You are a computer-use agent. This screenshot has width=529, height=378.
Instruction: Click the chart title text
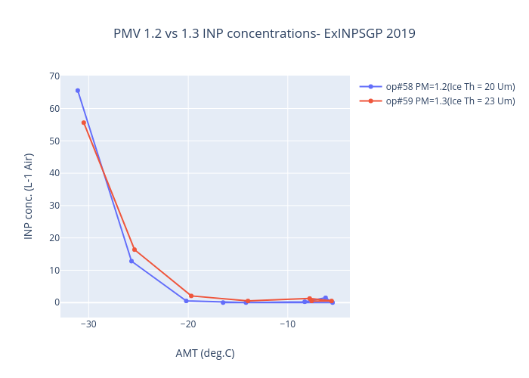pyautogui.click(x=264, y=34)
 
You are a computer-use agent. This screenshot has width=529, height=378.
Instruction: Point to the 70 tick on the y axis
pyautogui.click(x=54, y=76)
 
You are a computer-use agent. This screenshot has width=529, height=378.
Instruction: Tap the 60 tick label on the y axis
pyautogui.click(x=54, y=109)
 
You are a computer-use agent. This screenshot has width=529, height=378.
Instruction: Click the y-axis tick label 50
pyautogui.click(x=54, y=141)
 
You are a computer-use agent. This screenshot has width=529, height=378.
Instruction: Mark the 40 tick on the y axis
pyautogui.click(x=54, y=173)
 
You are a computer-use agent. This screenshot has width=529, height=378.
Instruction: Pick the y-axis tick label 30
pyautogui.click(x=54, y=206)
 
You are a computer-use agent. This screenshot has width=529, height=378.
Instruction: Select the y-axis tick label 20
pyautogui.click(x=54, y=238)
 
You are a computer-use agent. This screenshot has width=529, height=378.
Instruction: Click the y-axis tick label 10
pyautogui.click(x=54, y=271)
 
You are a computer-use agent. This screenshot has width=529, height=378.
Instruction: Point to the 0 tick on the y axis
pyautogui.click(x=56, y=302)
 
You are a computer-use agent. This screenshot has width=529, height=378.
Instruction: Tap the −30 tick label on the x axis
pyautogui.click(x=88, y=325)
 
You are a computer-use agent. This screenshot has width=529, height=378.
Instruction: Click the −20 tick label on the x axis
pyautogui.click(x=187, y=325)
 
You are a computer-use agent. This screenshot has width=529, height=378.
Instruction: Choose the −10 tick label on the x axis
pyautogui.click(x=287, y=325)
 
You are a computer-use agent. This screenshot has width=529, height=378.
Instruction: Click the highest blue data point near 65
pyautogui.click(x=78, y=91)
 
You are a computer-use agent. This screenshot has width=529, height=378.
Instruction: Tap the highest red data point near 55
pyautogui.click(x=84, y=122)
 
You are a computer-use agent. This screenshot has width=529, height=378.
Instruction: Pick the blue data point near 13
pyautogui.click(x=131, y=261)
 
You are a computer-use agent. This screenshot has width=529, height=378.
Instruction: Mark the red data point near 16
pyautogui.click(x=135, y=249)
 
